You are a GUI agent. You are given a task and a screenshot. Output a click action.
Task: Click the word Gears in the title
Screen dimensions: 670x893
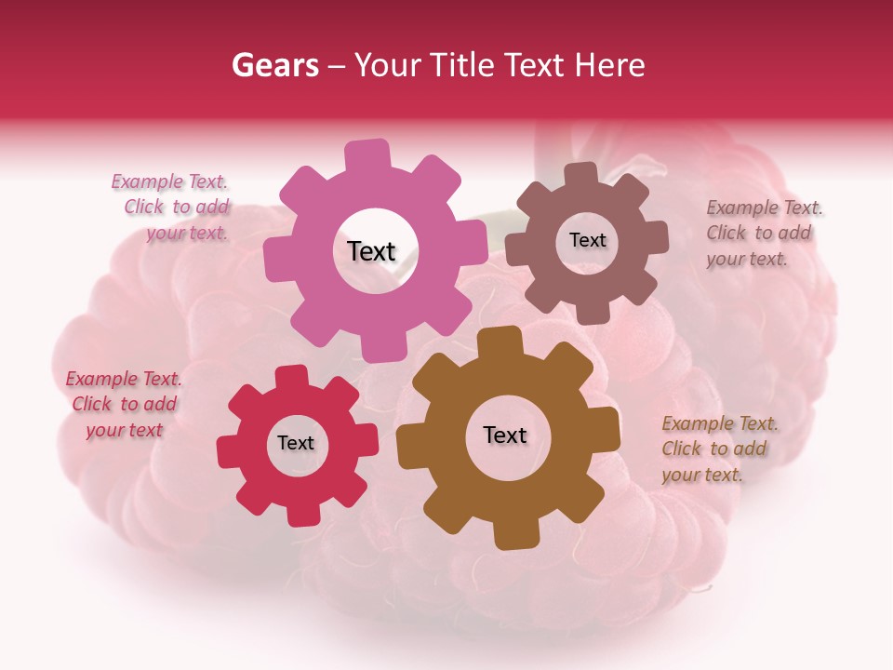(274, 65)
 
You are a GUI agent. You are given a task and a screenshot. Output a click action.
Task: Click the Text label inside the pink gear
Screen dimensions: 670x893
(371, 251)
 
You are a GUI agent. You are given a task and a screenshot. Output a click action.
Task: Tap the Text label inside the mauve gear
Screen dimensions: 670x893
(587, 240)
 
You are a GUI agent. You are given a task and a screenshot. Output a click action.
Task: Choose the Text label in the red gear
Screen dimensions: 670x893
(296, 443)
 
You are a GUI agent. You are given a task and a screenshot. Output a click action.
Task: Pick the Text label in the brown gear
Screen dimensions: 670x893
(505, 435)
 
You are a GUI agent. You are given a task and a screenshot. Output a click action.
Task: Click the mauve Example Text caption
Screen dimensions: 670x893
(763, 233)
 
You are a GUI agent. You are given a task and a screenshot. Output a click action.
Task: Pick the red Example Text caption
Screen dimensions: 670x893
(124, 404)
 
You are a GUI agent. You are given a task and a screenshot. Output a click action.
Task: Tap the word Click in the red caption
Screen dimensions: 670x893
(92, 404)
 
